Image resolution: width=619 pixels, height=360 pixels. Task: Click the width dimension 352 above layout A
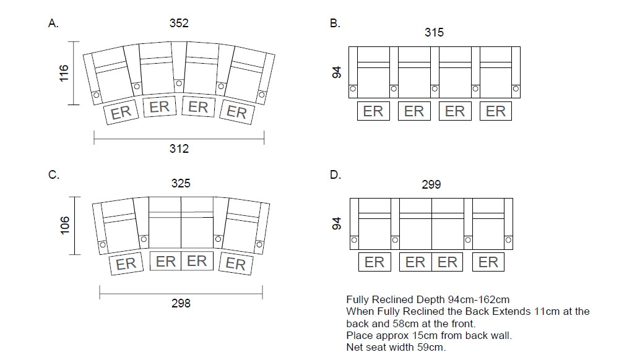179,24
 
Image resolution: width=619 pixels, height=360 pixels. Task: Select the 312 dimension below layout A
179,148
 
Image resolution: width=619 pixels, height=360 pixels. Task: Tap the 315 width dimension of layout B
434,32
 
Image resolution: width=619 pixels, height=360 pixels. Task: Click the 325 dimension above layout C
181,183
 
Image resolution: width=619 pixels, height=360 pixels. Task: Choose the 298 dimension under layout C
181,302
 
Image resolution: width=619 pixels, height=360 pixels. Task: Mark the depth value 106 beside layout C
64,226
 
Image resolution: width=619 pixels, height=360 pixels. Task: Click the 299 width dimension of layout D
431,184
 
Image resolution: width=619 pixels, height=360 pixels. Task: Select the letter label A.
53,24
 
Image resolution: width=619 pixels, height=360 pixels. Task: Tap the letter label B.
335,24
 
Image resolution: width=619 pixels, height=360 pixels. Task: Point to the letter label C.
53,175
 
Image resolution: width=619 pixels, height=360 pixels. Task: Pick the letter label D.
335,175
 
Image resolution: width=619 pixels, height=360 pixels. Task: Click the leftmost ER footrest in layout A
121,112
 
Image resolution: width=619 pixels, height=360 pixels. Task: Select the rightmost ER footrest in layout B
496,111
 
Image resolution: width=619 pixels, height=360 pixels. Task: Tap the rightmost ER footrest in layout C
235,264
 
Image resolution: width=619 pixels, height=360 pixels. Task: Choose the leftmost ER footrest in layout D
374,262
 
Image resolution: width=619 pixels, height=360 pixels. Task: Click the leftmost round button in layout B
353,88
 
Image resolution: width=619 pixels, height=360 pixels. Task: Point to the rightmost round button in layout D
509,240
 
